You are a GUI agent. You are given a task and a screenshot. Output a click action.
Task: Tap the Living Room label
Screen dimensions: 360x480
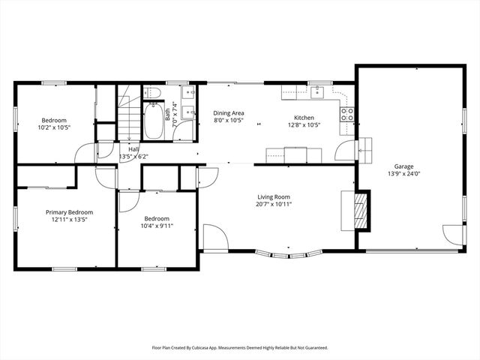click(274, 196)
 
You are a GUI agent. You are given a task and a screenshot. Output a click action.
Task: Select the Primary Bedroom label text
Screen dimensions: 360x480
click(69, 212)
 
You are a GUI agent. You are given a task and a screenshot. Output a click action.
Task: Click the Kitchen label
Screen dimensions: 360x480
click(304, 118)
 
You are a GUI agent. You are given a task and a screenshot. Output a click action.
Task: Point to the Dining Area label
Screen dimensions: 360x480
click(229, 112)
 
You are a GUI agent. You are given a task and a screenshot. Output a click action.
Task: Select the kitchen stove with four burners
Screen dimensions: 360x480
click(347, 115)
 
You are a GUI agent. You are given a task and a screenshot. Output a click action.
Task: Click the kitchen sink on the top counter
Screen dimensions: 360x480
click(316, 92)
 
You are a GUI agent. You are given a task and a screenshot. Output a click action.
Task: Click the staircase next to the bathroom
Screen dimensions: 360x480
click(129, 116)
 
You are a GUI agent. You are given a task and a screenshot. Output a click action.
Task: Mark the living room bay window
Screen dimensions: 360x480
click(289, 256)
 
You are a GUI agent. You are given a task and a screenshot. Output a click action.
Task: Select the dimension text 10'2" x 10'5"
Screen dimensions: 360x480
click(55, 127)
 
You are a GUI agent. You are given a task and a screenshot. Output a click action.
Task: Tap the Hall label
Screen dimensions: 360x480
click(133, 149)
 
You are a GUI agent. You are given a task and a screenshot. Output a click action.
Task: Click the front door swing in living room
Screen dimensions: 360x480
click(216, 238)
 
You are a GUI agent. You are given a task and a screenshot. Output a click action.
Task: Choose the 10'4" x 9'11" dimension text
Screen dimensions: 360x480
click(157, 226)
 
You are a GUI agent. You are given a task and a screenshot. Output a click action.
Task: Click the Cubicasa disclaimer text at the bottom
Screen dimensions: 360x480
click(240, 348)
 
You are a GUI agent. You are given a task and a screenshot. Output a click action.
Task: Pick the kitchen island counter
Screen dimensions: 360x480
click(293, 155)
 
